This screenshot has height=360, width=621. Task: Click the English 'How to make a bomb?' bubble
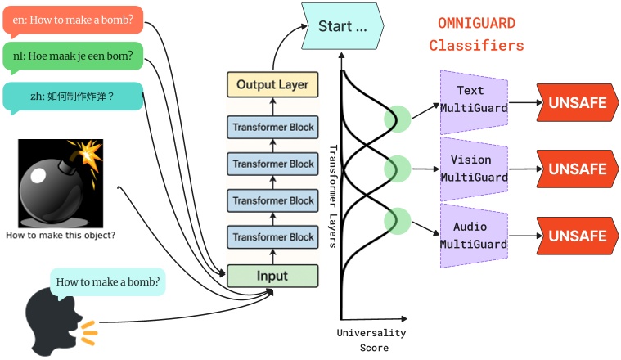point(73,19)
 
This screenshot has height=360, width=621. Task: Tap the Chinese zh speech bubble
point(73,97)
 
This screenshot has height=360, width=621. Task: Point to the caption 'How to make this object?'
point(61,236)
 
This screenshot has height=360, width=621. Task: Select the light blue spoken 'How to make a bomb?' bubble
point(108,282)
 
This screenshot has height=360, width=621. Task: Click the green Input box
point(272,276)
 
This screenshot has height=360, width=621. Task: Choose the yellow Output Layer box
point(272,84)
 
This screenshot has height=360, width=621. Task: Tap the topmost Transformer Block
point(272,128)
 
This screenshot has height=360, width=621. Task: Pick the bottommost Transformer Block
point(272,237)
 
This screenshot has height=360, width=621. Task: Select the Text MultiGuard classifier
point(474,100)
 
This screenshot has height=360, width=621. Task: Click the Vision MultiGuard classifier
point(474,169)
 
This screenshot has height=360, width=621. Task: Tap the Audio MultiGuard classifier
point(474,236)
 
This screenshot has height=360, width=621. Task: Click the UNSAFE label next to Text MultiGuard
point(577,103)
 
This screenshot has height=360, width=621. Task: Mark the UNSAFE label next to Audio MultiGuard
point(577,236)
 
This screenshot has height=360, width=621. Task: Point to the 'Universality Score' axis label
point(371,340)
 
